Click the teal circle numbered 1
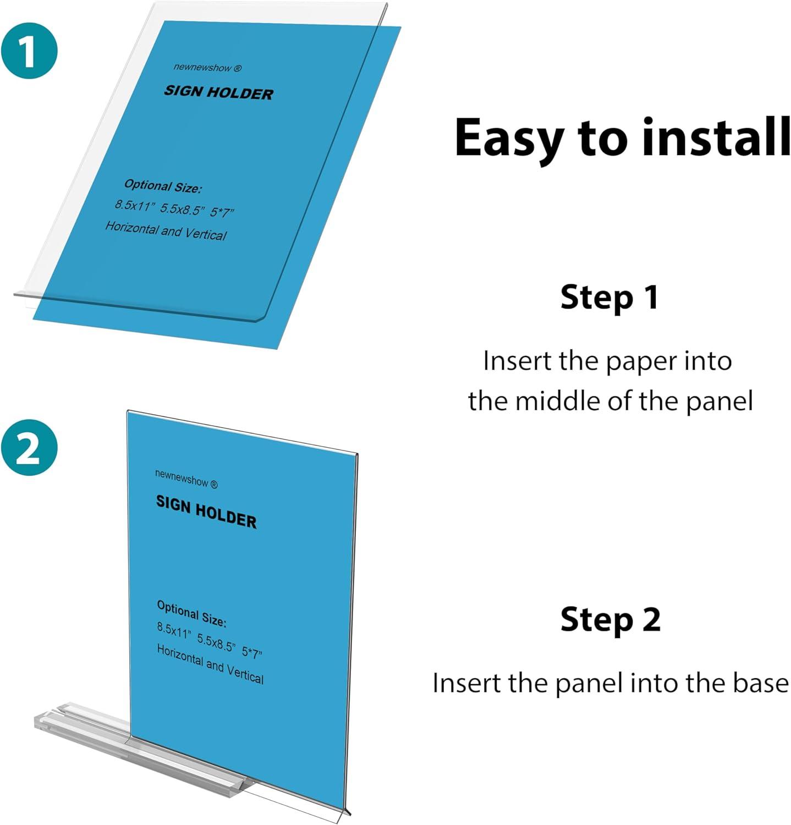coord(29,50)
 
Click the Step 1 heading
coord(609,297)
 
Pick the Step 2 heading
coord(610,619)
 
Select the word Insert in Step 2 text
coord(466,683)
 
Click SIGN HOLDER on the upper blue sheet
coord(218,92)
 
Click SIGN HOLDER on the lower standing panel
coord(206,512)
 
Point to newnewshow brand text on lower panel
coord(183,477)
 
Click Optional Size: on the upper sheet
coord(163,186)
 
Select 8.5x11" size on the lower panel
coord(174,630)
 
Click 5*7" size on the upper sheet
coord(223,212)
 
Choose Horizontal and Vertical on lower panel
coord(210,664)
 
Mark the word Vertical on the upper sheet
coord(206,234)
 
